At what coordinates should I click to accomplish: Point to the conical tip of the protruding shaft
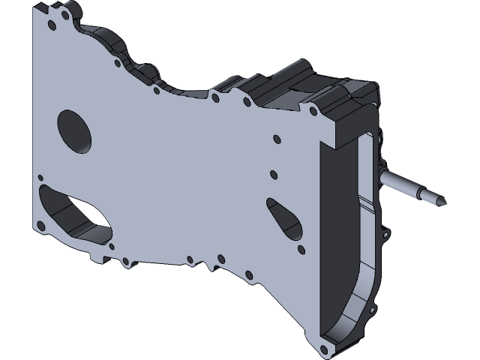pos(442,202)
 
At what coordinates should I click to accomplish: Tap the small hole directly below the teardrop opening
pos(301,248)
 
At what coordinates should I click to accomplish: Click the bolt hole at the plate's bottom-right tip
pos(324,349)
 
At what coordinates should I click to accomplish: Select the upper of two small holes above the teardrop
pos(276,139)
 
